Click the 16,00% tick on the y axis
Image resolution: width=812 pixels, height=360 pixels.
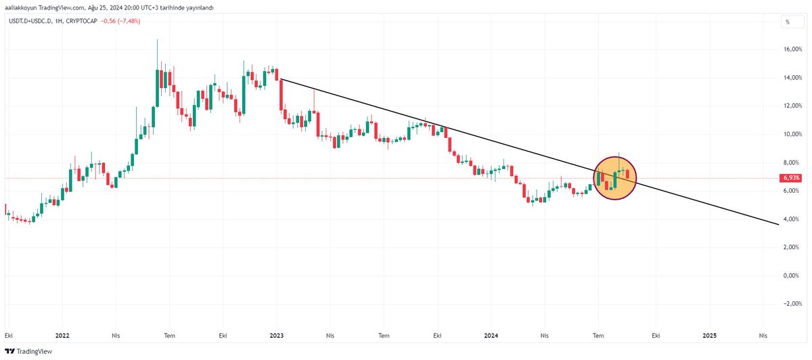tap(791, 49)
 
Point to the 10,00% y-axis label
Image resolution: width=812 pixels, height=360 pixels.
tap(791, 134)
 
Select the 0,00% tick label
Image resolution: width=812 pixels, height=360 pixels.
tap(792, 275)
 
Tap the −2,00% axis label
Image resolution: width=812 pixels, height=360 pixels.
tap(791, 304)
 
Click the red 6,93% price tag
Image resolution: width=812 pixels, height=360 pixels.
tap(789, 178)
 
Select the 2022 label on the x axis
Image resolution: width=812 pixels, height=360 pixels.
tap(62, 335)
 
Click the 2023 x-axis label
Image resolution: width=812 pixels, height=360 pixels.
tap(277, 335)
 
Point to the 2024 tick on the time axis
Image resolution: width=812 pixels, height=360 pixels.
tap(491, 335)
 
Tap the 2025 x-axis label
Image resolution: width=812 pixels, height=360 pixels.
tap(709, 335)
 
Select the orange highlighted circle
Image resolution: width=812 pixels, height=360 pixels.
tap(615, 178)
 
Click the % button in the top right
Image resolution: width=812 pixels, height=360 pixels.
tap(788, 22)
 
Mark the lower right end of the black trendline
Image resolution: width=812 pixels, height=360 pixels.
tap(778, 224)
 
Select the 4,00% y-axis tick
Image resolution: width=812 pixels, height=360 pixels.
tap(792, 219)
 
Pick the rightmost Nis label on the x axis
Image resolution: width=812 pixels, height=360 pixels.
tap(763, 335)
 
